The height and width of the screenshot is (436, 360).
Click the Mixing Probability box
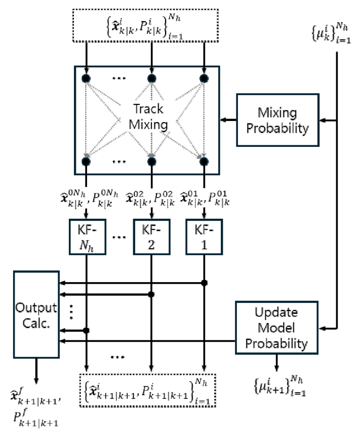point(277,120)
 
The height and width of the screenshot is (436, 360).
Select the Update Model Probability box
point(276,328)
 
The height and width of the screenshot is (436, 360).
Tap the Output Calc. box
point(36,314)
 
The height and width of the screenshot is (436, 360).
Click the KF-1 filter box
point(204,237)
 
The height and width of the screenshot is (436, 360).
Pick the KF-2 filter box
point(151,237)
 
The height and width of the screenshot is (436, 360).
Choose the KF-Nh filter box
point(87,237)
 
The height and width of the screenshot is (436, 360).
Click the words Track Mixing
point(148,116)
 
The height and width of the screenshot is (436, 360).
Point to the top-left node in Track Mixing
point(86,78)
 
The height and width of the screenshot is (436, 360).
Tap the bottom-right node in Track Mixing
point(204,161)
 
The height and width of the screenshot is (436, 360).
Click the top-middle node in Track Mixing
point(151,78)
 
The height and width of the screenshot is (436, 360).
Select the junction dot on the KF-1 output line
point(205,283)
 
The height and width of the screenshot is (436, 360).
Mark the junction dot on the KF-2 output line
point(151,294)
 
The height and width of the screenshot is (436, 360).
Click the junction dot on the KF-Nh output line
point(86,330)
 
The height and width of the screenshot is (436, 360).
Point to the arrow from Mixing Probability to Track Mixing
point(228,120)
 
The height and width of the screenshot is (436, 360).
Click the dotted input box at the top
point(145,26)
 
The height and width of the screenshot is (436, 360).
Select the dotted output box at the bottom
point(148,390)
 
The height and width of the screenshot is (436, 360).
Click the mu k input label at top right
point(331,33)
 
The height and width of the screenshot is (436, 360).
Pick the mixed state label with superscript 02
point(150,199)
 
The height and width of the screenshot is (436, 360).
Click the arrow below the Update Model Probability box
point(276,363)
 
